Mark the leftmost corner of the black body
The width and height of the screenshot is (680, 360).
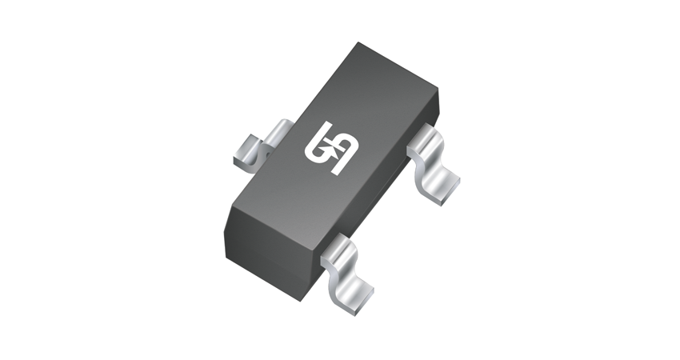(x=226, y=210)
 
